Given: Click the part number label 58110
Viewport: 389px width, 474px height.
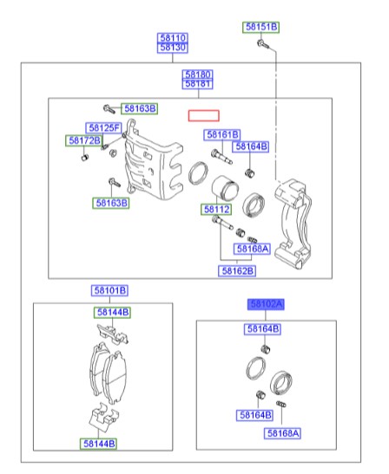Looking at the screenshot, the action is [x=173, y=38].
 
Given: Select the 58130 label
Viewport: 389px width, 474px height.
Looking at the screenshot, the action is [x=173, y=48].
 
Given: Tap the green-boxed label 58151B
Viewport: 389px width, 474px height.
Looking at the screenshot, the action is [x=260, y=27].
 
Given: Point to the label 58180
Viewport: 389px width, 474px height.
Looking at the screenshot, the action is [x=197, y=75].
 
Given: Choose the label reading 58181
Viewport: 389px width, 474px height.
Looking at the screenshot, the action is [x=197, y=84].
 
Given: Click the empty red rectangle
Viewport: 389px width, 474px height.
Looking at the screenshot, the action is [x=203, y=116].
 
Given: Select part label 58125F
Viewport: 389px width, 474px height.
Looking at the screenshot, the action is [x=103, y=128].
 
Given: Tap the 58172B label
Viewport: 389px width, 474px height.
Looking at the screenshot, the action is [x=84, y=140].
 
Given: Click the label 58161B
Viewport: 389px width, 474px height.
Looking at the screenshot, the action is [x=222, y=134].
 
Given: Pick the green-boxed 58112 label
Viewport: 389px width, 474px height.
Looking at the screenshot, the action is [x=216, y=209].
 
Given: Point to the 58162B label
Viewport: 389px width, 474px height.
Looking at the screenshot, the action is [x=237, y=270].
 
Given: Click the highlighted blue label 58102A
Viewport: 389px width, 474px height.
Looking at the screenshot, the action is [x=266, y=304].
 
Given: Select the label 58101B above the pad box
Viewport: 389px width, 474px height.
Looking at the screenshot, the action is [x=109, y=290].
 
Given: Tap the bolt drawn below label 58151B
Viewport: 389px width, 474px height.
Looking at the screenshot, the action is [x=263, y=44].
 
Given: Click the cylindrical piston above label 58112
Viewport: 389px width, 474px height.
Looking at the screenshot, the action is [x=225, y=188].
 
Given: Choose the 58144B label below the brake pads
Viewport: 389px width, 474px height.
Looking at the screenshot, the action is [x=99, y=444].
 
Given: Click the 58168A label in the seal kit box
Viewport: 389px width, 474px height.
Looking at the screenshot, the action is [x=282, y=433].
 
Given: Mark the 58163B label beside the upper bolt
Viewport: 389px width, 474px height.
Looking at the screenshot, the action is [x=139, y=108].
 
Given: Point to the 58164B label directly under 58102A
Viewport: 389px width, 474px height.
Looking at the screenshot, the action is [x=262, y=329].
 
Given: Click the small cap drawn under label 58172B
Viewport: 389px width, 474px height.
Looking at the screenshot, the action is [x=85, y=157].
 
